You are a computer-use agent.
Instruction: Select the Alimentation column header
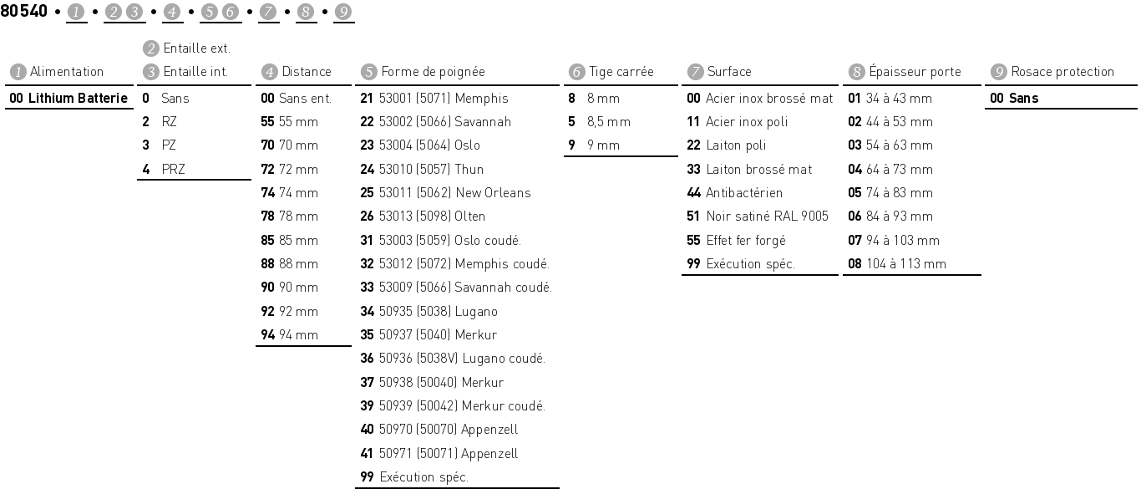(66, 72)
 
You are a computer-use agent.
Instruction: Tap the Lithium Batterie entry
(69, 98)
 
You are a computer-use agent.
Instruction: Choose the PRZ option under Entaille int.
(173, 169)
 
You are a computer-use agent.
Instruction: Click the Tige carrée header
(621, 72)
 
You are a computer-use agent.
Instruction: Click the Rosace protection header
(1062, 72)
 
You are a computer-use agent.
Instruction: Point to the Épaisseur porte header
(914, 72)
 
